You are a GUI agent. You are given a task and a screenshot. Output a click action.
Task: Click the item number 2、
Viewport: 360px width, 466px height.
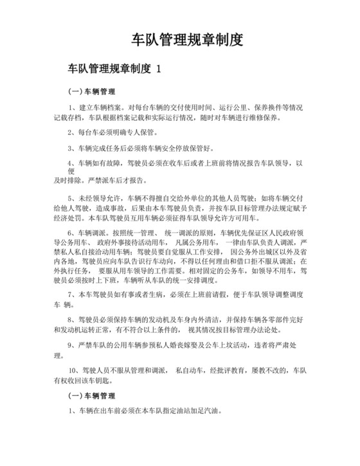[x=71, y=133]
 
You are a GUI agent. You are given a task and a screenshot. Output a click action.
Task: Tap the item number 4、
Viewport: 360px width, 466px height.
[x=71, y=163]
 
